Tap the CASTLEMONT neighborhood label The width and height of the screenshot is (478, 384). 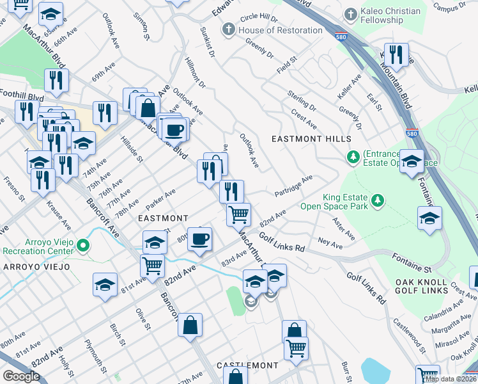(247, 365)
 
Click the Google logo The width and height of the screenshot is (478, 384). (21, 376)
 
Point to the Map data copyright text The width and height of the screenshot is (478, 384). (451, 379)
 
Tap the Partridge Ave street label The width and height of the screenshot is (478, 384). (293, 186)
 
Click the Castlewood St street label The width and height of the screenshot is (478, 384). (409, 335)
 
